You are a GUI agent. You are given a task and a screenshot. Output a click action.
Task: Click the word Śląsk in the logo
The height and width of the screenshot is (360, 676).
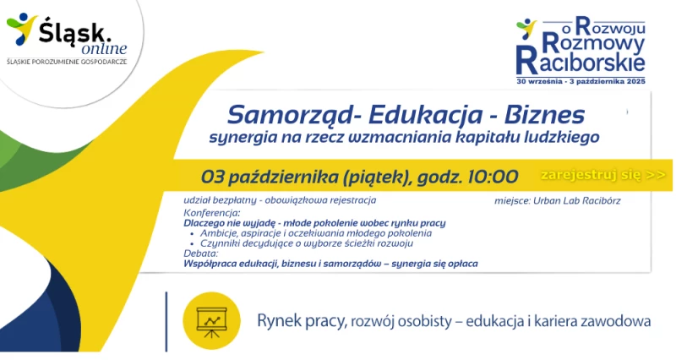72,32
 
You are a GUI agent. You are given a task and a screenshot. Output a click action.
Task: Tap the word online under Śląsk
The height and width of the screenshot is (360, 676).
104,49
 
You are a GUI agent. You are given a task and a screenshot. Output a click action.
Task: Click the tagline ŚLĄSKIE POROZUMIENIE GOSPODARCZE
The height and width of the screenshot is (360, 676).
67,62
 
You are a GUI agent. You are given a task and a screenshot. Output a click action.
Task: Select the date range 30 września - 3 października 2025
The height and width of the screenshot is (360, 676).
581,81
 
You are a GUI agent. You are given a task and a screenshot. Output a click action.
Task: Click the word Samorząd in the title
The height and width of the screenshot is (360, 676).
292,115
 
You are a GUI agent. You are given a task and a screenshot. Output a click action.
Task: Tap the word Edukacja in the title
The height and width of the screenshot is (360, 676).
426,115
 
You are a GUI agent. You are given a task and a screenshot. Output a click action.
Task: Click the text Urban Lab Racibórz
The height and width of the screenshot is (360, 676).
577,200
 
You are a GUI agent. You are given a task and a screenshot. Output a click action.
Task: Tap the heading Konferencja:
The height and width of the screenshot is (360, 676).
212,213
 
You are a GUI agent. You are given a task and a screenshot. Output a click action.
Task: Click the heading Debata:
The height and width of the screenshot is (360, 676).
201,254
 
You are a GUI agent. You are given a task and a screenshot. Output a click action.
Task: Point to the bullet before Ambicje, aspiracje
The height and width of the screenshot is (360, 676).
192,234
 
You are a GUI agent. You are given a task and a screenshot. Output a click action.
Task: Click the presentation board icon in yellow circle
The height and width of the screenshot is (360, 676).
211,322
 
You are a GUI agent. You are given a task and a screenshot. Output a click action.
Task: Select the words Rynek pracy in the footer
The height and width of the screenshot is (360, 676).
302,322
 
